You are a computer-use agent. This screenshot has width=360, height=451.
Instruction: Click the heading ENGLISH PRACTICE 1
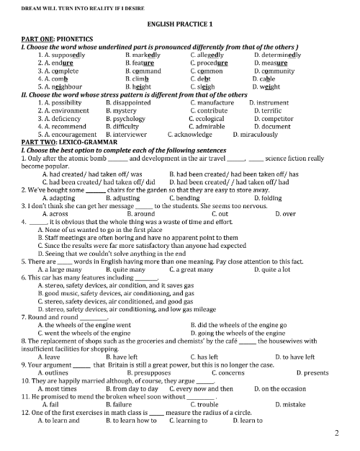point(180,24)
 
